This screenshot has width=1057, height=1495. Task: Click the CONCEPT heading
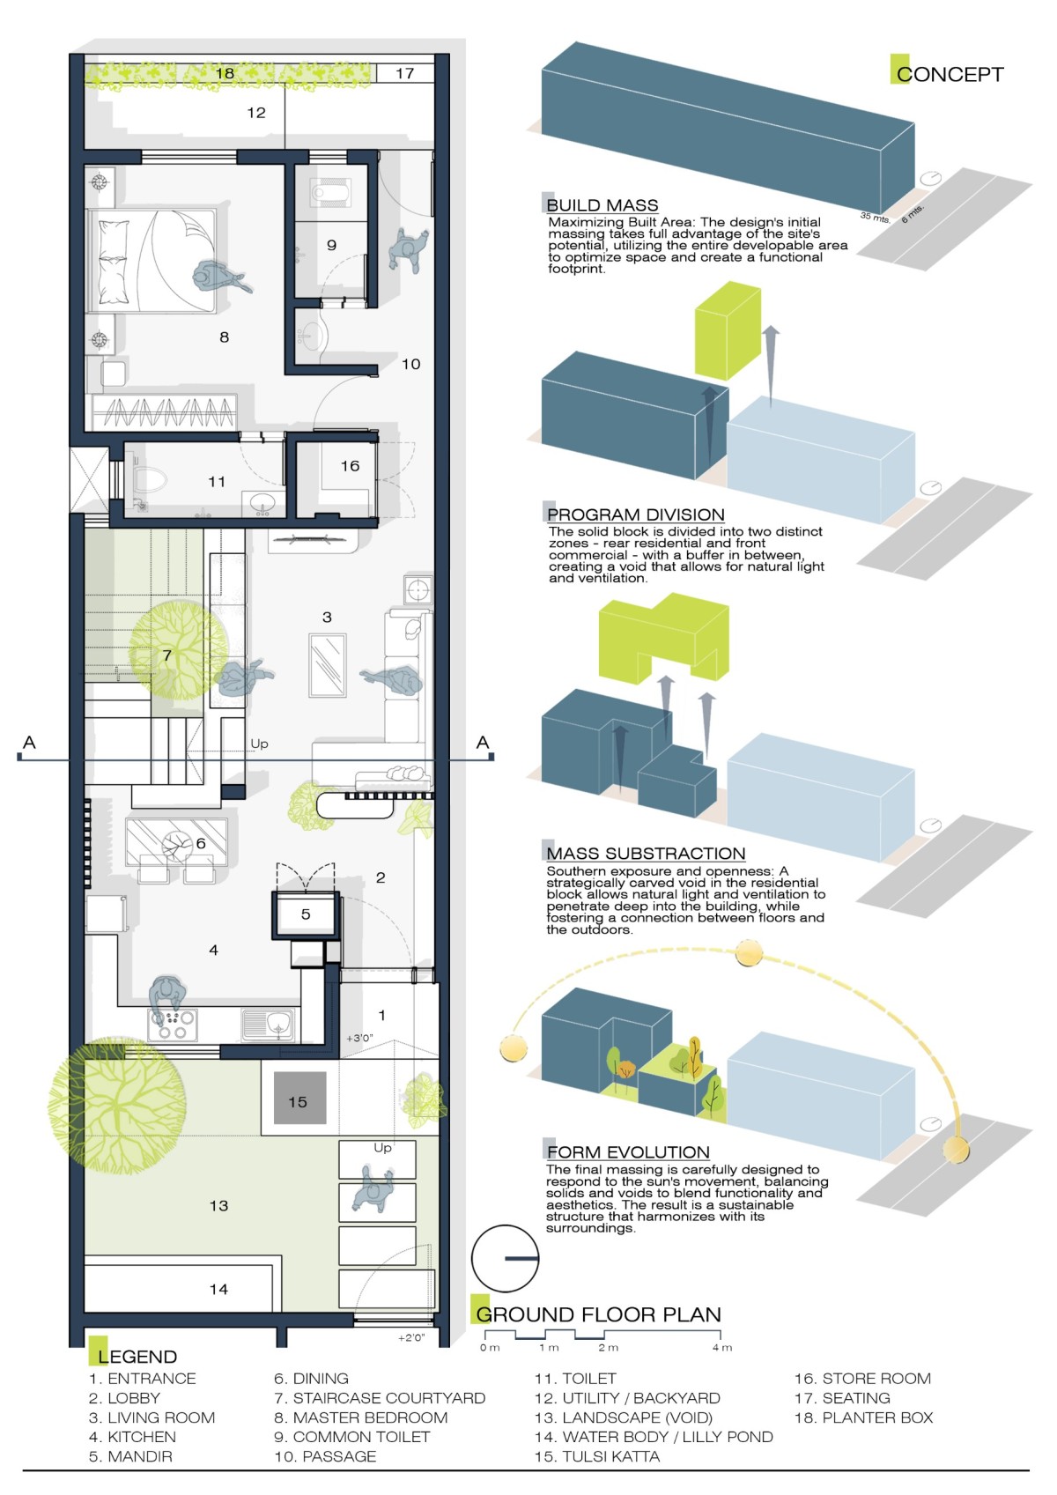point(949,74)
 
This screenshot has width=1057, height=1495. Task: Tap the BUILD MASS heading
point(602,205)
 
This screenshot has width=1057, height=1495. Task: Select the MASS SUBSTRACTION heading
point(646,853)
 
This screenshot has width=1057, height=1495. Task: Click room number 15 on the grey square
point(298,1102)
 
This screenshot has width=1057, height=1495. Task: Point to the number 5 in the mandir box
point(306,914)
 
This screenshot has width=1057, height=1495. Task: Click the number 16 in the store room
point(350,466)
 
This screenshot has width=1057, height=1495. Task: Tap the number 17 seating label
point(404,73)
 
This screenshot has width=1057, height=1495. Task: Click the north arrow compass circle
point(505,1258)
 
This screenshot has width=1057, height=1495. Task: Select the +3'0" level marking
point(359,1039)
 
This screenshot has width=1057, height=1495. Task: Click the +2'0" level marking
point(411,1337)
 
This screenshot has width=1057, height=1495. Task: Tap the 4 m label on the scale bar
point(722,1348)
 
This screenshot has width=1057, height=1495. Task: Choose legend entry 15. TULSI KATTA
point(597,1456)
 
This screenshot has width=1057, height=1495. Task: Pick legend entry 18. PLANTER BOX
point(863,1417)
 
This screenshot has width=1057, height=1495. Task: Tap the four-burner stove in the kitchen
point(172,1024)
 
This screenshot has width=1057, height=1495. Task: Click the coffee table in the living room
point(327,665)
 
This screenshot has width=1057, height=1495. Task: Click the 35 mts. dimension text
point(875,217)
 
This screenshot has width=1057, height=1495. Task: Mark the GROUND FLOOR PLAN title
point(599,1314)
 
